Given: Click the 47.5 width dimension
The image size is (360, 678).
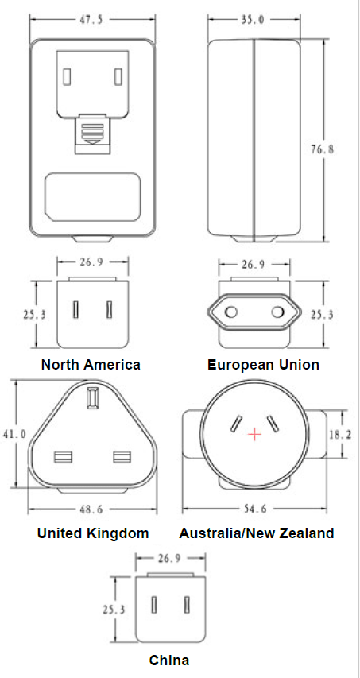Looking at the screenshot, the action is (91, 20).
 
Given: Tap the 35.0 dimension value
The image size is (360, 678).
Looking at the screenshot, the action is (254, 20).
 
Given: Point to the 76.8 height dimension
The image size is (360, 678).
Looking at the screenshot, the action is (323, 149).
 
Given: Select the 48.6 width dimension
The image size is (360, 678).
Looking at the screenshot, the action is (91, 509).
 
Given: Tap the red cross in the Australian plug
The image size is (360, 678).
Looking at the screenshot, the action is (255, 434).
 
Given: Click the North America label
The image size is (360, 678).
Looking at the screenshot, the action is (91, 365).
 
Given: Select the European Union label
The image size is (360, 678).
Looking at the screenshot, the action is (264, 365).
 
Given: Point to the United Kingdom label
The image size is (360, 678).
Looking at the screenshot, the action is (93, 533).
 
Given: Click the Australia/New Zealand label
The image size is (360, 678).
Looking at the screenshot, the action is (257, 533).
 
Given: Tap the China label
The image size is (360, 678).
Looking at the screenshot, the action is (169, 661).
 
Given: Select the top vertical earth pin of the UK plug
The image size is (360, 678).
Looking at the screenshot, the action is (91, 397).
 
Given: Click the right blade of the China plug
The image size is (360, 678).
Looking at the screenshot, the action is (187, 605).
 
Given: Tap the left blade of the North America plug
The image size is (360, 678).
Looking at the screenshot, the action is (76, 310).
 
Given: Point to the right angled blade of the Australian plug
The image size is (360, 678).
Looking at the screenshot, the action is (272, 424).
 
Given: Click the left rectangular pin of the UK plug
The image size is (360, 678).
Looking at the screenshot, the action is (63, 457).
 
